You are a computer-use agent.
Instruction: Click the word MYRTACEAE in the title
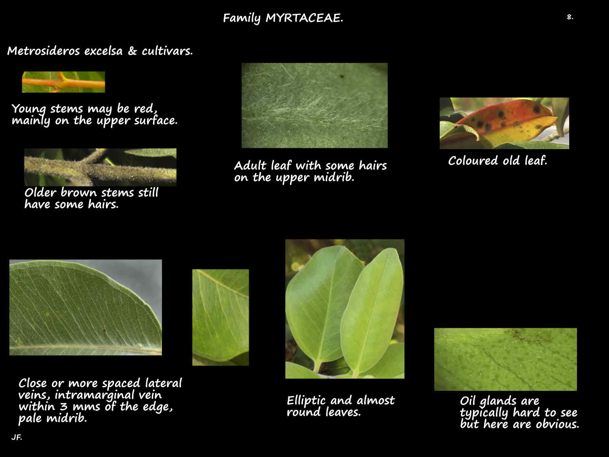pos(304,18)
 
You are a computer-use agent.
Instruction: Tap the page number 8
pos(570,17)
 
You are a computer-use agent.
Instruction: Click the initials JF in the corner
pos(16,438)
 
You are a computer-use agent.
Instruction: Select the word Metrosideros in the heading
pos(45,51)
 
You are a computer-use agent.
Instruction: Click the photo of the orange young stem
pos(63,82)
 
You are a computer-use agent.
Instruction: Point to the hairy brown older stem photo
pos(100,167)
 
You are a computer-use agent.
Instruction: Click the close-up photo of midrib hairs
pos(314,105)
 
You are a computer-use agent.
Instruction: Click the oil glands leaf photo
pos(505,359)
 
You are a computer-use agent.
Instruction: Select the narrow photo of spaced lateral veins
pos(220,317)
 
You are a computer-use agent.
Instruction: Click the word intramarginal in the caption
pos(88,395)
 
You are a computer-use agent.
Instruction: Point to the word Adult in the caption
pos(251,166)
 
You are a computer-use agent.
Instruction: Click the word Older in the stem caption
pos(40,192)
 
